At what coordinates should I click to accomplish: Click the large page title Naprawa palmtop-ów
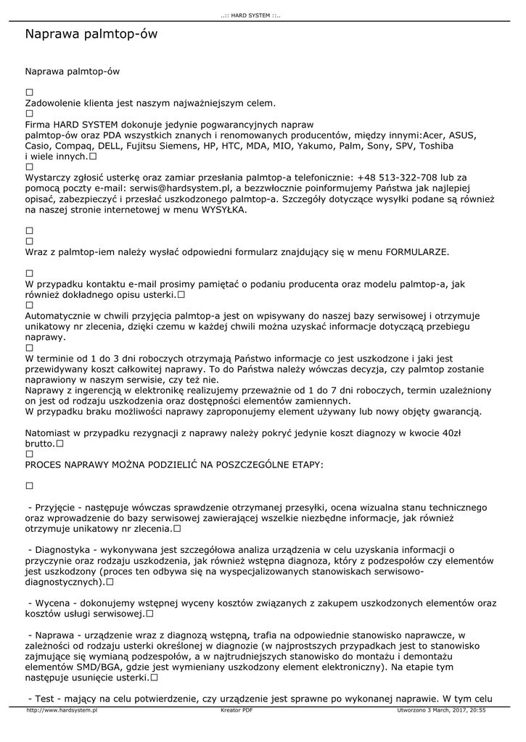pos(91,34)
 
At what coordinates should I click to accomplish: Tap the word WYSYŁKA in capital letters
pos(224,209)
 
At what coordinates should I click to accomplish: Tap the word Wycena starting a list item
pos(52,603)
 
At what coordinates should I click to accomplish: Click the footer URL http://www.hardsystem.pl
pos(62,711)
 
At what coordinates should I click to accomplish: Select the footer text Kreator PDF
pos(237,711)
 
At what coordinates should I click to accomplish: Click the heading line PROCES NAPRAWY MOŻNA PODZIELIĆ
pos(174,464)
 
